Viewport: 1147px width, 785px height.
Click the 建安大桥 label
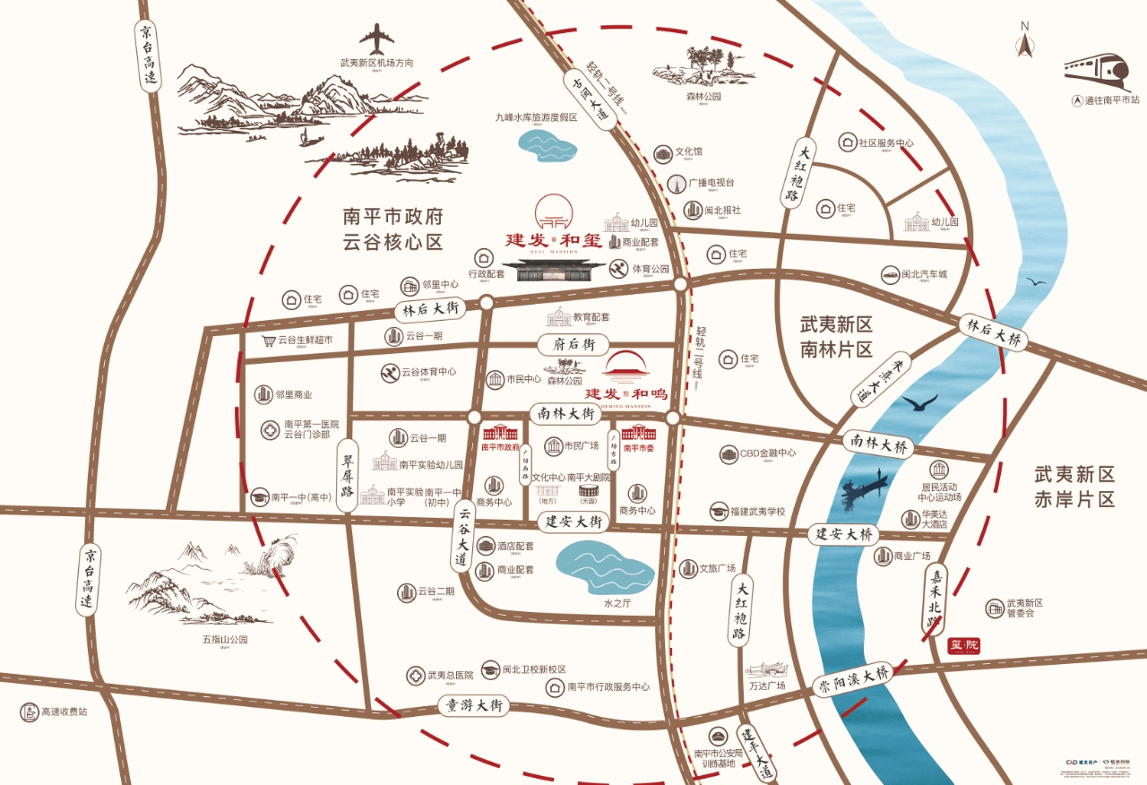pyautogui.click(x=843, y=534)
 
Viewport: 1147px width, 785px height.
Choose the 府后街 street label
pyautogui.click(x=573, y=344)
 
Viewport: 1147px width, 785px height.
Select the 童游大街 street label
pyautogui.click(x=473, y=705)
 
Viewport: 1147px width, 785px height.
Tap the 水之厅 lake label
pyautogui.click(x=618, y=604)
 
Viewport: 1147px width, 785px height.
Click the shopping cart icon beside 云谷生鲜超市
pyautogui.click(x=267, y=341)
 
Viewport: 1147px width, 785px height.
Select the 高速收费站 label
pyautogui.click(x=63, y=712)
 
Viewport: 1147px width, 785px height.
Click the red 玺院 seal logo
pyautogui.click(x=964, y=644)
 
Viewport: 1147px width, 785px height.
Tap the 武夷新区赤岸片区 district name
pyautogui.click(x=1074, y=487)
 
